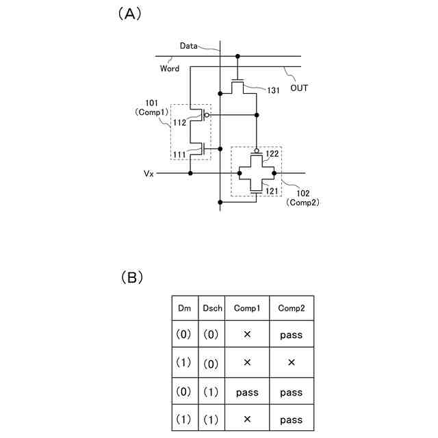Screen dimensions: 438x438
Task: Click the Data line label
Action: coord(189,46)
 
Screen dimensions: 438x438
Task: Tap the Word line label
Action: coord(170,68)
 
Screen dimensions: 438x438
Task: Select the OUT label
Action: coord(299,88)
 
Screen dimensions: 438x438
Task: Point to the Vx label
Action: coord(149,174)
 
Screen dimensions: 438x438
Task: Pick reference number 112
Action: coord(179,123)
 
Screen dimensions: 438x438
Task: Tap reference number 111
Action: coord(179,156)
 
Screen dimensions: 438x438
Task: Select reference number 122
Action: coord(272,155)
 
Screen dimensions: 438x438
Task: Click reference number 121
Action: coord(272,192)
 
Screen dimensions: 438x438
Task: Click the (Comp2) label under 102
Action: coord(305,203)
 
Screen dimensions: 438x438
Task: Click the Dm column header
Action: coord(184,309)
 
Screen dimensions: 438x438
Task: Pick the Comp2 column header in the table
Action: coord(291,309)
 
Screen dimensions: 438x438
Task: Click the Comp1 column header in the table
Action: coord(247,309)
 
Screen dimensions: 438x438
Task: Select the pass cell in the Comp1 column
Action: coord(247,393)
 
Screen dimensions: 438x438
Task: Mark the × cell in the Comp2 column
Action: coord(291,363)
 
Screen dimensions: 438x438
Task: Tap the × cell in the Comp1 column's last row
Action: coord(247,420)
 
